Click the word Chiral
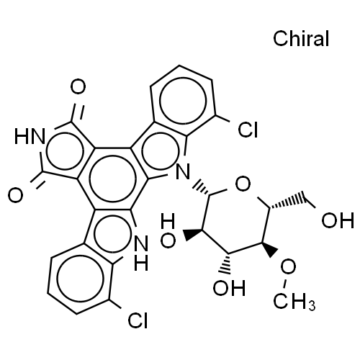(301, 38)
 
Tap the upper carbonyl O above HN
(78, 87)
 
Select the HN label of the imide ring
(30, 136)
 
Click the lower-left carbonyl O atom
(16, 195)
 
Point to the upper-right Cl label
(248, 130)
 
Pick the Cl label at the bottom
(138, 320)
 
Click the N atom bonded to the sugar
(183, 172)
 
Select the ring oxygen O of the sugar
(243, 184)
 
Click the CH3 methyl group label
(294, 301)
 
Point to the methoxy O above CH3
(288, 267)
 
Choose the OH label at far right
(338, 220)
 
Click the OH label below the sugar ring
(229, 288)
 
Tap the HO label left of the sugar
(168, 232)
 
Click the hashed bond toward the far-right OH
(287, 202)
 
